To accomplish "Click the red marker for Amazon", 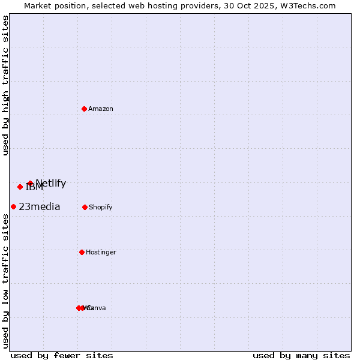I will [85, 109].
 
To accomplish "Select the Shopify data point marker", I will [85, 207].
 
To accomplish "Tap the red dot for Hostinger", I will [82, 252].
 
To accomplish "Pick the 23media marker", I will [13, 206].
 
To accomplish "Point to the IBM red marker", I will [20, 187].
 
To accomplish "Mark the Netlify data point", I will [30, 183].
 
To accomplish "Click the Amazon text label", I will [101, 109].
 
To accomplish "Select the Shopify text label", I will [101, 208].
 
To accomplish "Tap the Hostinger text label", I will [101, 253].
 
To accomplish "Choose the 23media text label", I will [40, 207].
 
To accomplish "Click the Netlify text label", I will [51, 184].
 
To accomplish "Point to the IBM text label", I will [35, 188].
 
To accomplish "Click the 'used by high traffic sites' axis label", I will [6, 85].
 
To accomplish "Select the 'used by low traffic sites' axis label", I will [6, 281].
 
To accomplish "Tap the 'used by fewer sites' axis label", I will [62, 355].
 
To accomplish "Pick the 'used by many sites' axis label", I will [301, 355].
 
